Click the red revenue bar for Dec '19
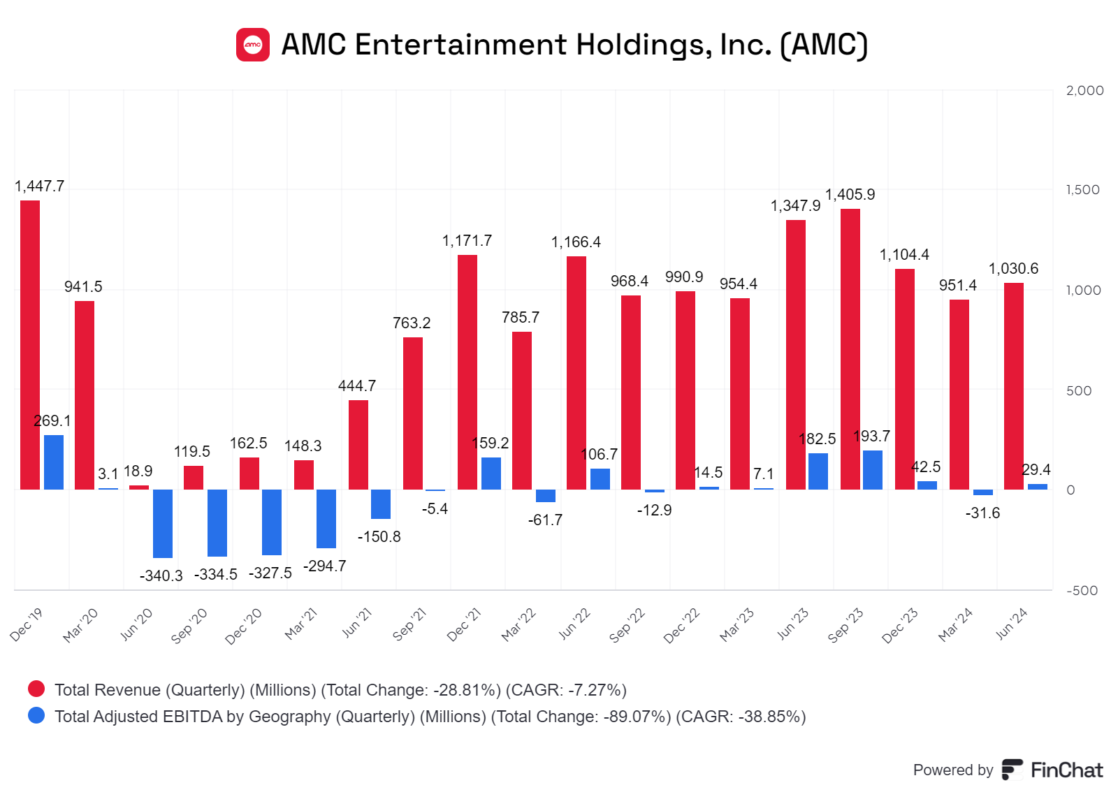click(x=30, y=345)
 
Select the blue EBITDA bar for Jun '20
click(x=163, y=523)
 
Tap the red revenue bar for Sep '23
click(x=850, y=349)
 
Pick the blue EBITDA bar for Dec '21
click(x=491, y=474)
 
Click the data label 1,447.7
click(x=39, y=186)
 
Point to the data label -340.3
click(x=161, y=576)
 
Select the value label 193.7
click(x=871, y=437)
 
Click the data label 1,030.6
click(x=1013, y=269)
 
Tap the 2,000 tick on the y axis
click(x=1084, y=91)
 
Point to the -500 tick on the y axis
click(x=1082, y=591)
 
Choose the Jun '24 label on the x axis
click(x=1011, y=624)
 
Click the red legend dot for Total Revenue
click(x=36, y=689)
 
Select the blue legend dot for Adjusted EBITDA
click(x=36, y=716)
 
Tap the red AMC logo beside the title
click(x=253, y=45)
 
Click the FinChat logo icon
click(x=1012, y=770)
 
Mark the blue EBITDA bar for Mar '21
click(x=326, y=518)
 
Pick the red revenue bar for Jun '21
click(x=358, y=445)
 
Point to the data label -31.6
click(x=982, y=513)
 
